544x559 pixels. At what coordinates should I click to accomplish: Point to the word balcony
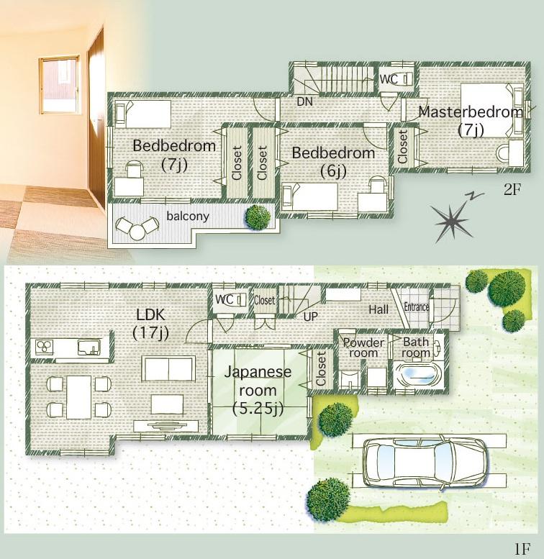click(188, 216)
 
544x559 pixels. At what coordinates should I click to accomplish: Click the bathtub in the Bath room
click(417, 375)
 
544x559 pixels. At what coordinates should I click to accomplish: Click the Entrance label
click(417, 306)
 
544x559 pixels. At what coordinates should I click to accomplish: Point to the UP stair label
click(311, 316)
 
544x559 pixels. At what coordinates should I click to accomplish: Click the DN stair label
click(304, 102)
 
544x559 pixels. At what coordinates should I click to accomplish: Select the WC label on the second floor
click(389, 78)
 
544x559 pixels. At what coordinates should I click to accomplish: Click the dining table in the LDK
click(78, 396)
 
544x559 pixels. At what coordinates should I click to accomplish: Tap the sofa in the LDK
click(168, 368)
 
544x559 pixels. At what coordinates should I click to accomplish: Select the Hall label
click(378, 309)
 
